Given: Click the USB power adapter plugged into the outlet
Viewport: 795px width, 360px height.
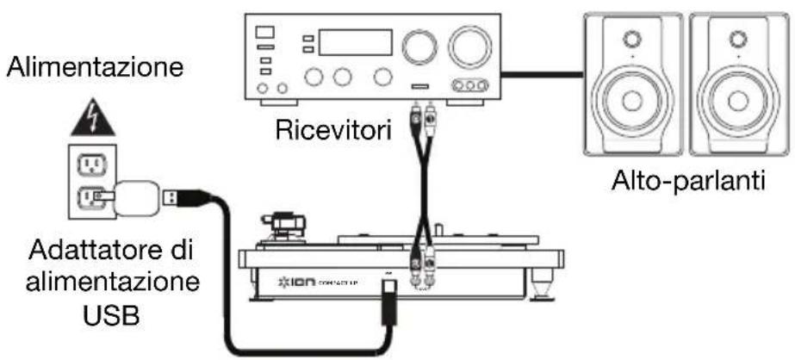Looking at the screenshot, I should click(x=134, y=200).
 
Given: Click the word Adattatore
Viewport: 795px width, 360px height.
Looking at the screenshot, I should click(x=78, y=255).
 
